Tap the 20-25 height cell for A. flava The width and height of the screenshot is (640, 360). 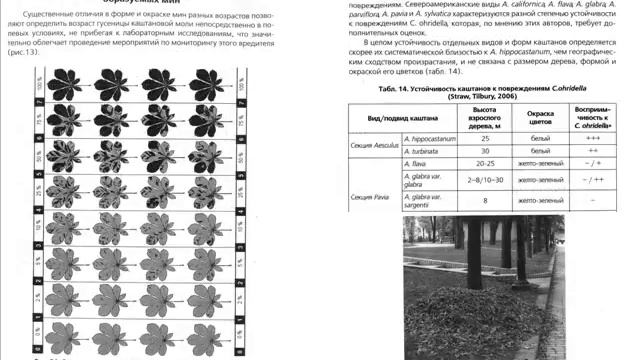click(484, 163)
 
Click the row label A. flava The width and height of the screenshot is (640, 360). click(417, 163)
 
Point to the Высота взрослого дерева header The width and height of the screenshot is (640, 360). click(484, 116)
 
